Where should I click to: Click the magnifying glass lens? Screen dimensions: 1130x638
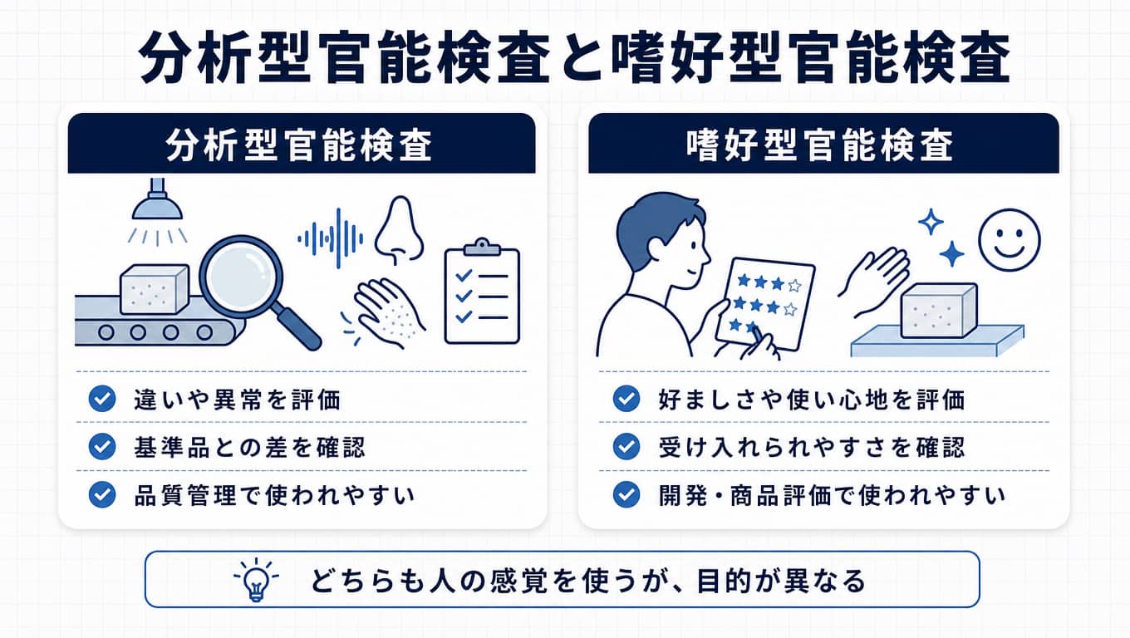[242, 278]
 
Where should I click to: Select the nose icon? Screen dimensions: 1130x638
[399, 230]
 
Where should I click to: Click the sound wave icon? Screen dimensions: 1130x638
[331, 238]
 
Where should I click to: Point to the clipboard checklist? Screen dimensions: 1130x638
[482, 292]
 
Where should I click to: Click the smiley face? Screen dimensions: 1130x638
[1010, 240]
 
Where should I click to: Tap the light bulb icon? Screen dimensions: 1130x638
[256, 580]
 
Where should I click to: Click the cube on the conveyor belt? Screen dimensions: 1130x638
[155, 289]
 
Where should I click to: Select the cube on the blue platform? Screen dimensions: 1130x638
[939, 311]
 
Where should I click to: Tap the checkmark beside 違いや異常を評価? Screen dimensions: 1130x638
[102, 399]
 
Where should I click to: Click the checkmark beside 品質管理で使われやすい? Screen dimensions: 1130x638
[102, 494]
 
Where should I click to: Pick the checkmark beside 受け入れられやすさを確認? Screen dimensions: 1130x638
[626, 446]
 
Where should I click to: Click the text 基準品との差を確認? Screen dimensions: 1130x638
[249, 448]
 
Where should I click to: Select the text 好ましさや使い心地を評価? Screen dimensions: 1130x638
[811, 400]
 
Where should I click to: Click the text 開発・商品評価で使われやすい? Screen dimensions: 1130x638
[832, 495]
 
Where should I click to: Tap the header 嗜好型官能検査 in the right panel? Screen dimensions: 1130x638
[820, 145]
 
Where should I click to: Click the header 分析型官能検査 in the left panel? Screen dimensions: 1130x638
[298, 145]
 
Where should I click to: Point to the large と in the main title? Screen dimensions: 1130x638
[580, 58]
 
